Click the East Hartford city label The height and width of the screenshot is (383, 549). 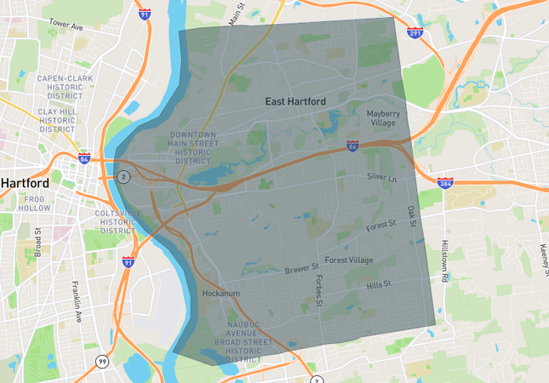click(295, 101)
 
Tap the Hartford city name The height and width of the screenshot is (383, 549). click(25, 183)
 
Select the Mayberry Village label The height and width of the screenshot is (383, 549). click(388, 117)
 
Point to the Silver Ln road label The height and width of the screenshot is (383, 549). click(381, 176)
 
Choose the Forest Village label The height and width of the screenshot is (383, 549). click(348, 260)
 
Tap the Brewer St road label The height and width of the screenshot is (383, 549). click(301, 268)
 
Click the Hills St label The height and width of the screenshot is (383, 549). click(377, 284)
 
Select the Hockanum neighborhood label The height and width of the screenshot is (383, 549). click(223, 294)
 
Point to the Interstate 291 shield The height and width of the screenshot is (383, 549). click(415, 32)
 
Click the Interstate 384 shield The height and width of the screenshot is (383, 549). click(444, 182)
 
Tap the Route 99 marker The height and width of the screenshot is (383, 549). click(102, 361)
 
